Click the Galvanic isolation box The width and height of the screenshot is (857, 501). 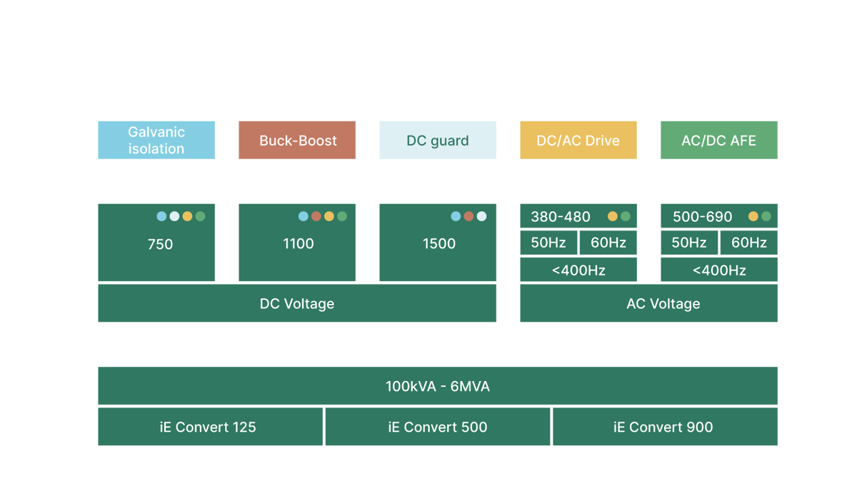coord(156,140)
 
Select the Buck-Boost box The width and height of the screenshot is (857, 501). coord(297,141)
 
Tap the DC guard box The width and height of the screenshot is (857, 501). coord(438,141)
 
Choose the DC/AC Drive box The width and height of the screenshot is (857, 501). coord(578,141)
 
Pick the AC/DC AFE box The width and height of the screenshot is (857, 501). coord(718,141)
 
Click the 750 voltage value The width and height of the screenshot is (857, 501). coord(160,244)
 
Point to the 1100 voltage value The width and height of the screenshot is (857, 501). coord(299,243)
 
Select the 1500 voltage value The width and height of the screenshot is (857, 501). coord(439,243)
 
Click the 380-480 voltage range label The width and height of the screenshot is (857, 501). coord(561,217)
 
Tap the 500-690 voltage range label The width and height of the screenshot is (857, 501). coord(703,217)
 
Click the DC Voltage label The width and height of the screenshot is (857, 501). coord(296,304)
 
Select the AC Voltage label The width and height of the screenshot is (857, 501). coord(663,304)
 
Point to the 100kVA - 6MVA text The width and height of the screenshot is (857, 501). coord(438,387)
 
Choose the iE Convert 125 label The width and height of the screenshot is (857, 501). coord(208,427)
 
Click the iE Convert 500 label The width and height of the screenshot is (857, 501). coord(438,427)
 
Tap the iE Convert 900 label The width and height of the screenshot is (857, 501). coord(663,427)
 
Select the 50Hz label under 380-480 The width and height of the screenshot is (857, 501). coord(548,243)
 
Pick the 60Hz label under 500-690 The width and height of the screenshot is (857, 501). coord(749,243)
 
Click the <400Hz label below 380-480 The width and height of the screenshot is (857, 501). coord(578,270)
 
